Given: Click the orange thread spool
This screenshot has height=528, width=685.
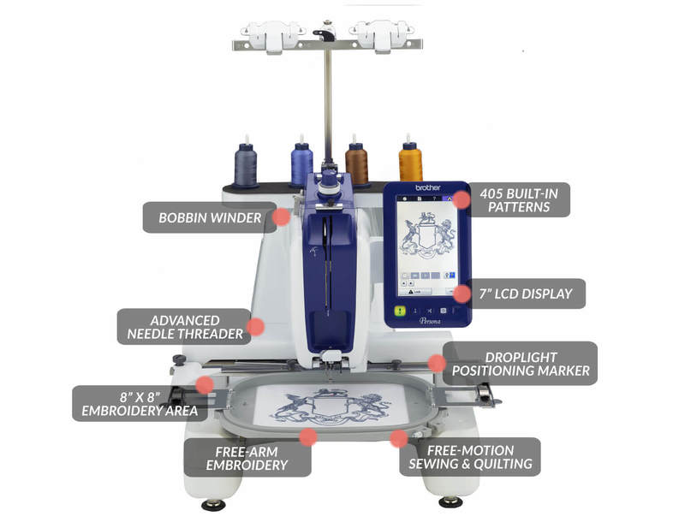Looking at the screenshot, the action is coord(410,160).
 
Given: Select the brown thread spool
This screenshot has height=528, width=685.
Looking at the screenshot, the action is coord(356,163).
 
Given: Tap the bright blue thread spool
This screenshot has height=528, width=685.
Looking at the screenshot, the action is coord(302,163).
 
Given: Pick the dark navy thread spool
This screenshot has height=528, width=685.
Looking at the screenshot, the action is coord(246,164).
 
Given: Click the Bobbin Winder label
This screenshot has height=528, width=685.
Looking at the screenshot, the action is coord(210,217).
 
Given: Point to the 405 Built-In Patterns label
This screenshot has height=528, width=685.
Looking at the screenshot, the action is coord(519,200).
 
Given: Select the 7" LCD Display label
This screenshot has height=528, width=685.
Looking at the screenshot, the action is coord(526,294).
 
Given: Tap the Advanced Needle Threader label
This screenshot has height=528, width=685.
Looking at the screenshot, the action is coord(185,327).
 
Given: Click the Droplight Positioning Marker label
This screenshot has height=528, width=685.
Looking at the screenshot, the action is coord(521,364).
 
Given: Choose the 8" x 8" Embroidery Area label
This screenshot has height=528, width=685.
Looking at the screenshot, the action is coord(140,404).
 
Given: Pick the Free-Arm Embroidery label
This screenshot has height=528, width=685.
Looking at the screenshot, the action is coord(247,458).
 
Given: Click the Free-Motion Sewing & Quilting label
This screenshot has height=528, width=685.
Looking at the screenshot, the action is coord(470,457).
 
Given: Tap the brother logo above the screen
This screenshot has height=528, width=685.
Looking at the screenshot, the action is coord(427,187).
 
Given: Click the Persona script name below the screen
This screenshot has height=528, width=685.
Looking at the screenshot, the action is coord(430,321).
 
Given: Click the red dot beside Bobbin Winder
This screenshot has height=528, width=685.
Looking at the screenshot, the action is coord(282,217).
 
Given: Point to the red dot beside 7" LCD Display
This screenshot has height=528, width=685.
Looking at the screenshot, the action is coord(462,294).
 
